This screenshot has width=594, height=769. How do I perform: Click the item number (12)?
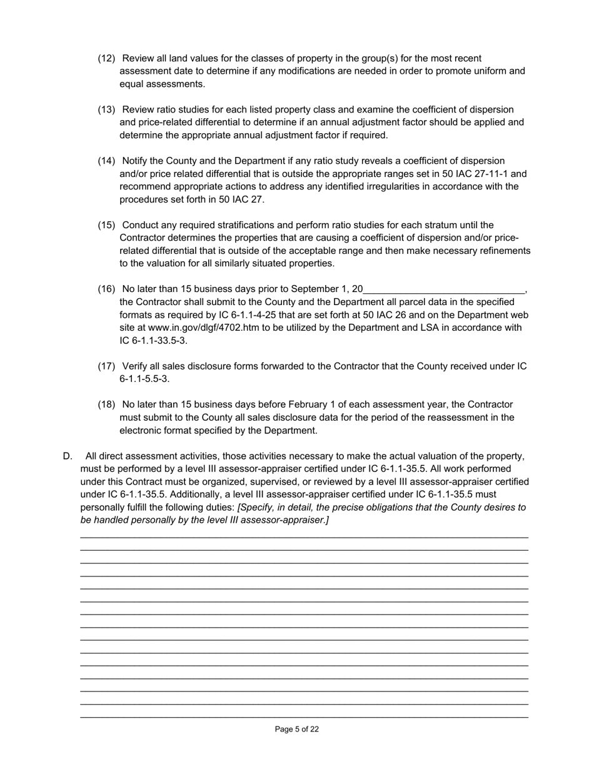(106, 58)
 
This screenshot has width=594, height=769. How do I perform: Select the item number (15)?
(106, 225)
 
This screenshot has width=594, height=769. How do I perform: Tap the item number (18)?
(106, 405)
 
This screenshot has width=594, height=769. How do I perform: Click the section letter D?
(68, 456)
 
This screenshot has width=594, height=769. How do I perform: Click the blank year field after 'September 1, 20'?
(444, 289)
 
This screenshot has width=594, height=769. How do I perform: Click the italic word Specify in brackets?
(258, 507)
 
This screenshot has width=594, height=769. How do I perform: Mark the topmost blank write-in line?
(304, 537)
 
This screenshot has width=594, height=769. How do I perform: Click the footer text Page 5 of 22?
(297, 729)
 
